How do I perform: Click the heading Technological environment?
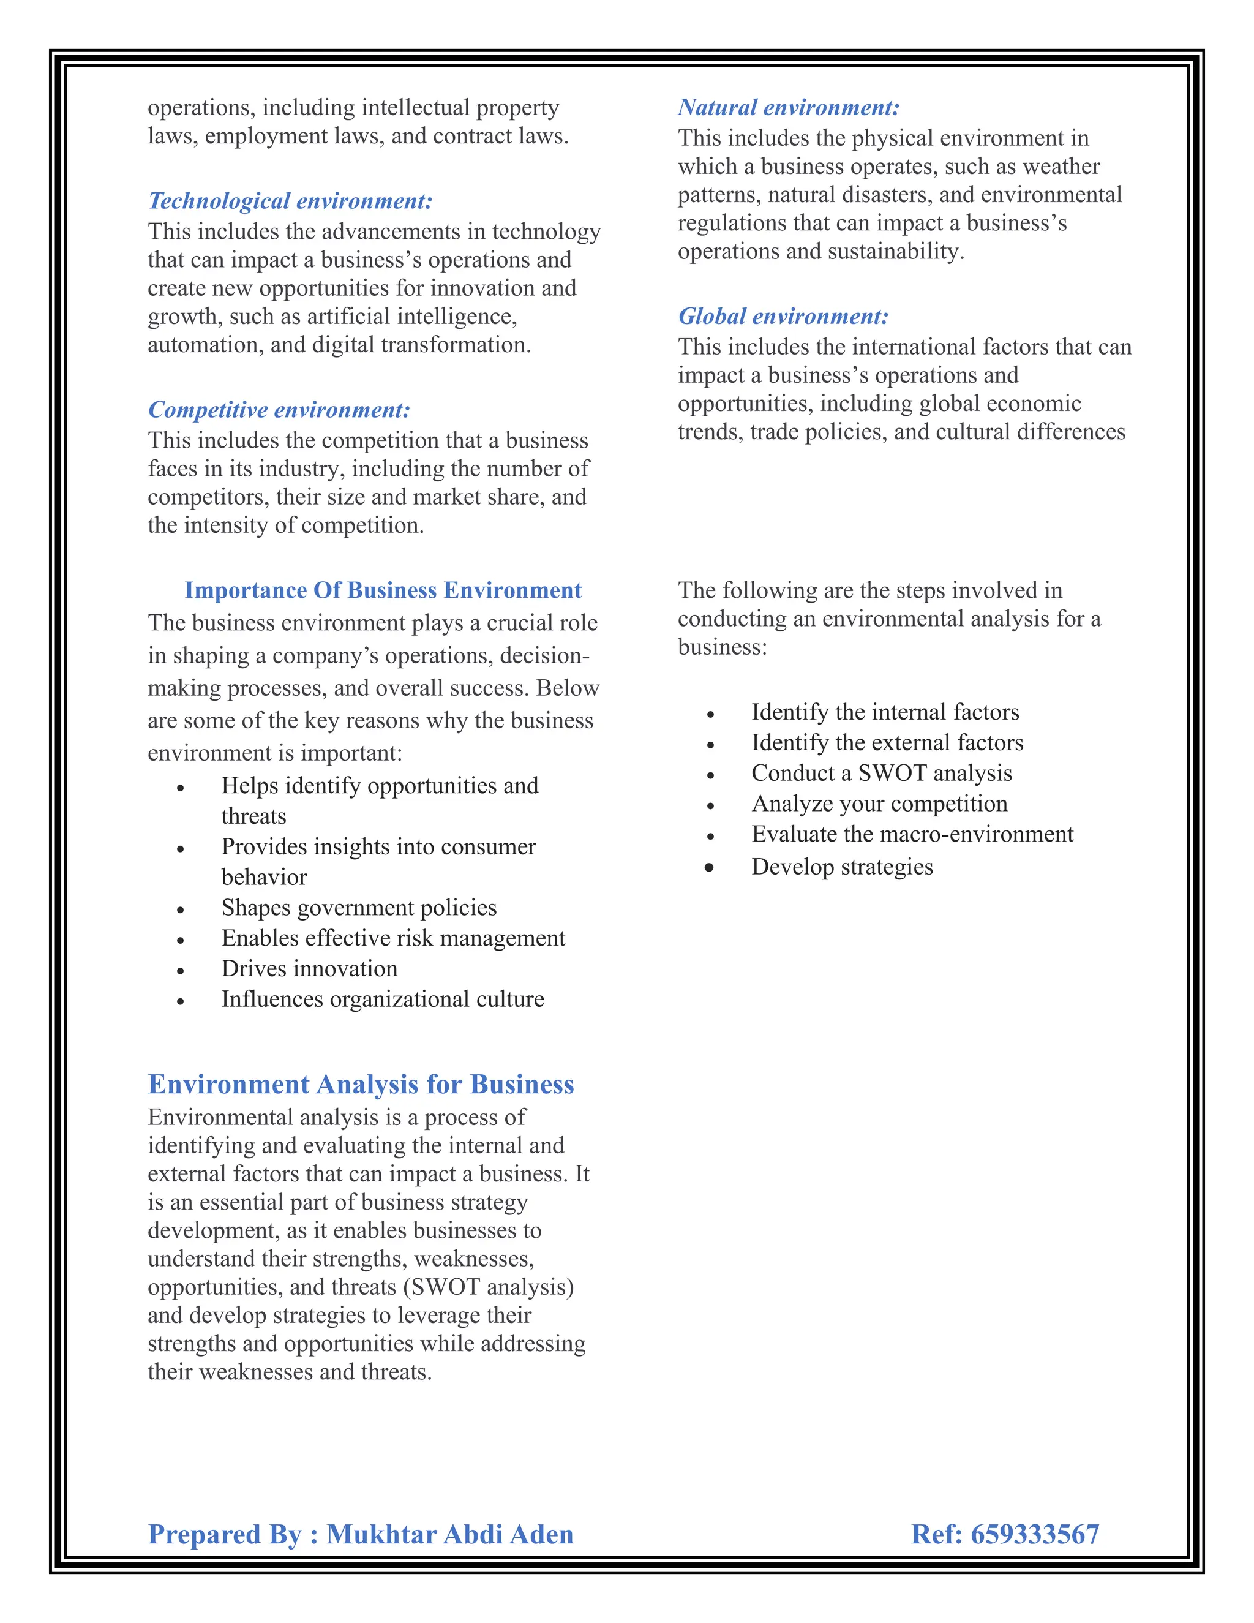point(290,201)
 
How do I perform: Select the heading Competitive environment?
point(279,410)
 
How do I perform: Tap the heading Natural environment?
point(788,108)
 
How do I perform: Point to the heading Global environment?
point(783,317)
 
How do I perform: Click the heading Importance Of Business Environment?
point(383,590)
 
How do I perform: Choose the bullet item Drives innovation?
point(309,969)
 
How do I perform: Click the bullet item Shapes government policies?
point(359,908)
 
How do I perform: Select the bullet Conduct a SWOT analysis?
point(881,774)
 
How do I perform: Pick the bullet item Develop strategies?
point(842,867)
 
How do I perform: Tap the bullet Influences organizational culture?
point(382,1000)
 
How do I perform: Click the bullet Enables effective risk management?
point(392,938)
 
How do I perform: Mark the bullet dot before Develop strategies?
point(710,867)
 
